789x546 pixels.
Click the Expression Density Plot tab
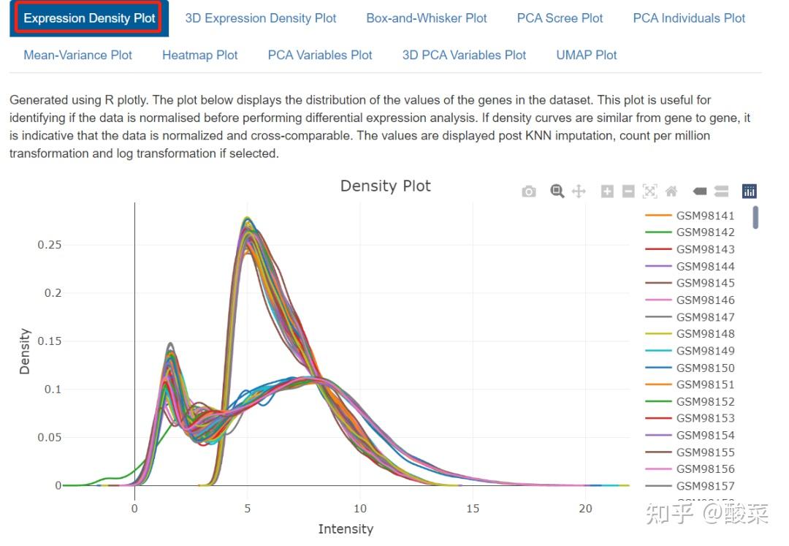[89, 18]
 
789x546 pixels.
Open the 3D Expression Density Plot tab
[261, 18]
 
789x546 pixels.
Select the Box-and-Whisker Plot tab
[427, 18]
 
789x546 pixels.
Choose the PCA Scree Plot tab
[560, 18]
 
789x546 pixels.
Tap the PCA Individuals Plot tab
[689, 18]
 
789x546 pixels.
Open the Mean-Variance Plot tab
[78, 55]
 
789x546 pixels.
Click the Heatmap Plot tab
[200, 55]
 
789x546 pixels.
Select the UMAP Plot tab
[586, 55]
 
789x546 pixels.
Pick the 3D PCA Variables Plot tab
[464, 55]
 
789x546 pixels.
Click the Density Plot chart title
[386, 186]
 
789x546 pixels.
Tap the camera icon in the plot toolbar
[529, 192]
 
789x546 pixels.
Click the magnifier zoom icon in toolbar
[557, 192]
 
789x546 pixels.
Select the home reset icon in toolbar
[671, 192]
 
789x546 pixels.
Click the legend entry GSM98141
[705, 216]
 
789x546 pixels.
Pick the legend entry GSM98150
[705, 368]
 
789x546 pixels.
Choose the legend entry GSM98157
[705, 486]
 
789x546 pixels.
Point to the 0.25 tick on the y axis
[50, 245]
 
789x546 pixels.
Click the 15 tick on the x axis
[473, 509]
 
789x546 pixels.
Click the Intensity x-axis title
[346, 528]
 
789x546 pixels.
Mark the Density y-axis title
[26, 352]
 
